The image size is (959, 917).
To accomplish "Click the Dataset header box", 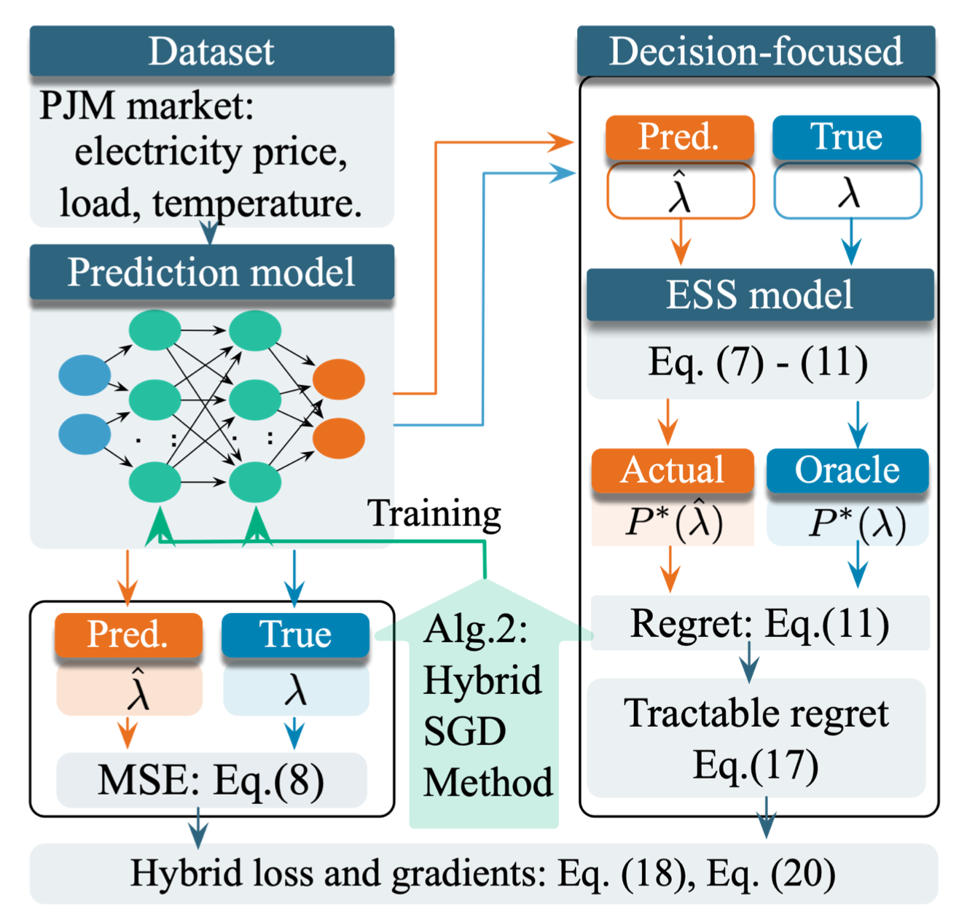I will point(211,51).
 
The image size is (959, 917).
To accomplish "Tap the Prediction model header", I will point(211,272).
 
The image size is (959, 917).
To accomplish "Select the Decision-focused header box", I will point(756,51).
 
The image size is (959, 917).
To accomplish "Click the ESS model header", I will point(759,294).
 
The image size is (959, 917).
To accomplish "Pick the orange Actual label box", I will point(672,470).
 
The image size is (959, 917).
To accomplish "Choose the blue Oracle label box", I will point(847,470).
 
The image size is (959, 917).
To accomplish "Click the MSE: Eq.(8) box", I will point(211,780).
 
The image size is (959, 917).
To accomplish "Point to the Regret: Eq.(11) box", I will point(759,623).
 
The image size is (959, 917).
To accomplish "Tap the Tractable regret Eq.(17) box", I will point(756,738).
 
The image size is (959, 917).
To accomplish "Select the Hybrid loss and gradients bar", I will point(482,873).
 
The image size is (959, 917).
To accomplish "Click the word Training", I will point(434,513).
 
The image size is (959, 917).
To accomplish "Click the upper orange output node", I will point(339,379).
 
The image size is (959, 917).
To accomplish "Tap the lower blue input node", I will point(85,434).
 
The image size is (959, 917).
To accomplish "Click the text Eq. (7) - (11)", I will point(758,362).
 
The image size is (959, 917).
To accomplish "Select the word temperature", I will point(257,203).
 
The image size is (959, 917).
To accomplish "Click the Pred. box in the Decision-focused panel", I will point(679,137).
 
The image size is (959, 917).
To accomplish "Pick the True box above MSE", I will point(295,634).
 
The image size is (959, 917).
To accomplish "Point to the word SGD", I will point(465,731).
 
